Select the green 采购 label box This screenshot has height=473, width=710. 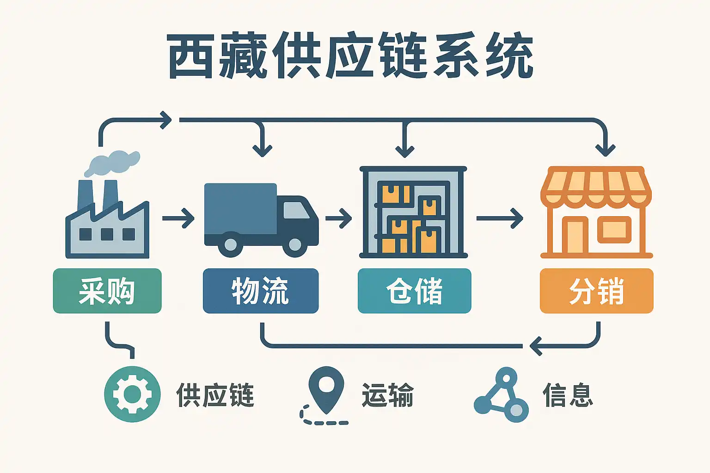[107, 291]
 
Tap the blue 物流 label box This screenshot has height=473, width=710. [261, 291]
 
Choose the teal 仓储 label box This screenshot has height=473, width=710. [414, 291]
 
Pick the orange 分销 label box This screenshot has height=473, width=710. [596, 291]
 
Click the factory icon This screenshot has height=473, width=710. [107, 222]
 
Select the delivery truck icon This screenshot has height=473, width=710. [261, 219]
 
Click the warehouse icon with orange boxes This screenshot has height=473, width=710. [413, 212]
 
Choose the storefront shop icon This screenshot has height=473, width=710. [596, 212]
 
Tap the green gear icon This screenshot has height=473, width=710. [132, 394]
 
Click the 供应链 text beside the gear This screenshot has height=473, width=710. [215, 395]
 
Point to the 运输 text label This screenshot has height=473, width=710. [387, 395]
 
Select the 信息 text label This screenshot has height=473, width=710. [568, 395]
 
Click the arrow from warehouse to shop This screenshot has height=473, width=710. [499, 218]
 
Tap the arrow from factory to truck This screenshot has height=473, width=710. [178, 218]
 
